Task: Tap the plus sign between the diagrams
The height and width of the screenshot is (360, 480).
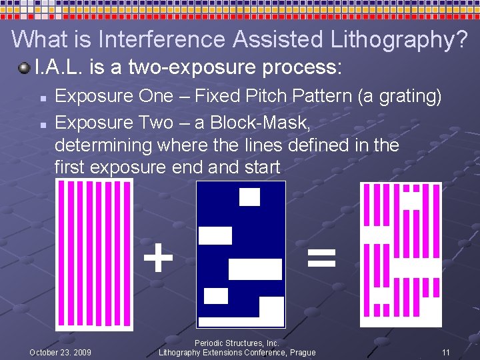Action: (158, 258)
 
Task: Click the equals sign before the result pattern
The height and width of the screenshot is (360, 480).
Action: (321, 258)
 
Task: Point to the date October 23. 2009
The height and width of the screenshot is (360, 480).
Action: (61, 352)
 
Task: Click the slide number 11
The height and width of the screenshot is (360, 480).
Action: (446, 352)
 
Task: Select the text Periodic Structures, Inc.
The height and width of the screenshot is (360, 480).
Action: (237, 343)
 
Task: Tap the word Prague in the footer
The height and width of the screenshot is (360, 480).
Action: (301, 352)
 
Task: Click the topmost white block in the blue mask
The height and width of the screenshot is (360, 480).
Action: (249, 197)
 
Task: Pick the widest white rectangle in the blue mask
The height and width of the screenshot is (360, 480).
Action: (255, 269)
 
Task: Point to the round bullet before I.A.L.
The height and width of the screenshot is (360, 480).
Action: (24, 67)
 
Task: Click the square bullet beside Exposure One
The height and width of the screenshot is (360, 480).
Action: (42, 98)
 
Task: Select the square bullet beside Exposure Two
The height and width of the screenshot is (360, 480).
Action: (42, 124)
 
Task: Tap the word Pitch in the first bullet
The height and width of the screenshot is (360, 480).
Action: (258, 97)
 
